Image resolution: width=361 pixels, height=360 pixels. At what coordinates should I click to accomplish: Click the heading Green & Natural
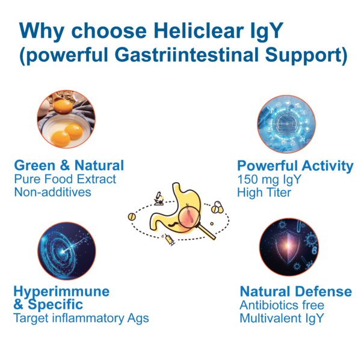pyautogui.click(x=69, y=165)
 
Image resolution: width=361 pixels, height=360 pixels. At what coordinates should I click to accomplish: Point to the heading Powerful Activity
pyautogui.click(x=295, y=165)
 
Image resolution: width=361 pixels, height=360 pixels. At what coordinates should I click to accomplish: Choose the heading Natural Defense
pyautogui.click(x=295, y=291)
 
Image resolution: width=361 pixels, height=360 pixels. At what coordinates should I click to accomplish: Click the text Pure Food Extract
pyautogui.click(x=64, y=179)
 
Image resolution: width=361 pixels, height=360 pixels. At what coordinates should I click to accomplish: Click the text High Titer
pyautogui.click(x=264, y=192)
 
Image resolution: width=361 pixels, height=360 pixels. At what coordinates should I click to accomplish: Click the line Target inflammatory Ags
pyautogui.click(x=81, y=318)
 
